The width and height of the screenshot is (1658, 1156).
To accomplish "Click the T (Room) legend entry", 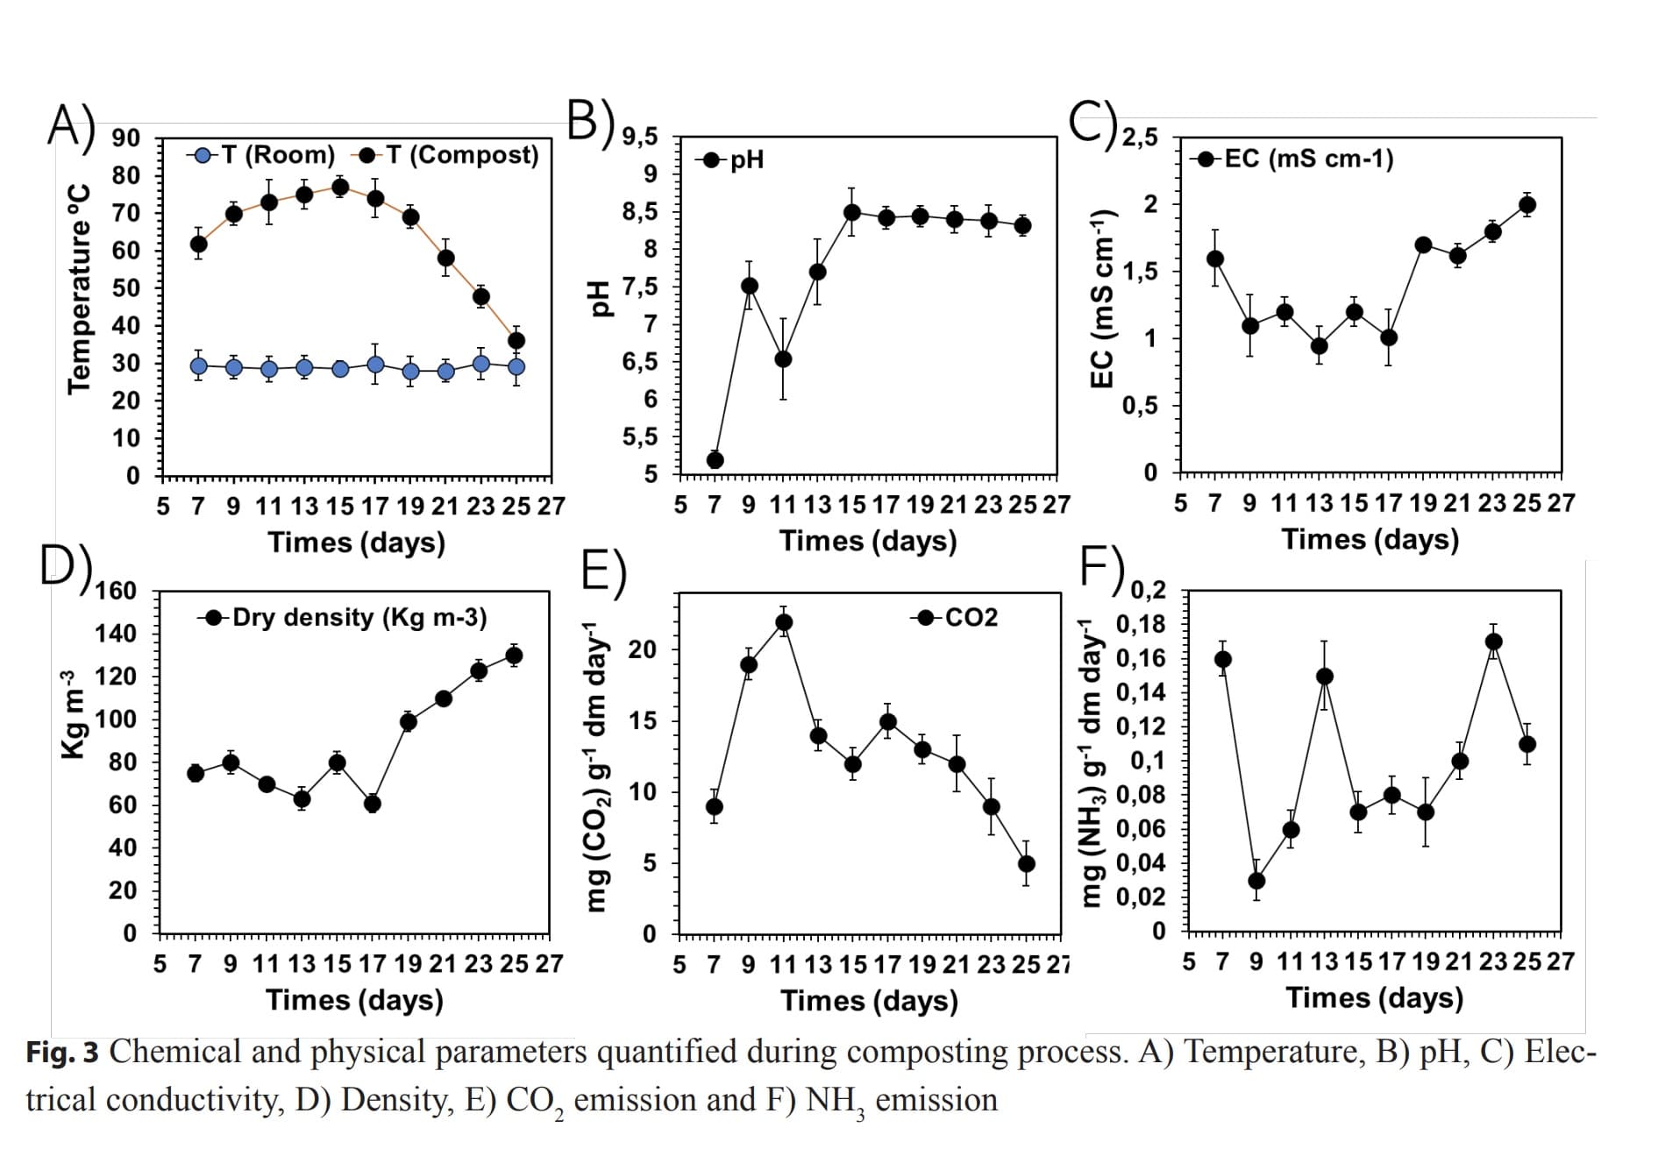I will [261, 155].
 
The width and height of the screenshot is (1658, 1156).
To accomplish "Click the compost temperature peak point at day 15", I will [340, 188].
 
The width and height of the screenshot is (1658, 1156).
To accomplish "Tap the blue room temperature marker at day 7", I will [199, 365].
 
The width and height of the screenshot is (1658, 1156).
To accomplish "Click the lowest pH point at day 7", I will [715, 460].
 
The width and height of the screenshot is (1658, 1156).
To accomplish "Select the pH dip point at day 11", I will [783, 359].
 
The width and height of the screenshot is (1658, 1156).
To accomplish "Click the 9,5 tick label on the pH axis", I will [640, 138].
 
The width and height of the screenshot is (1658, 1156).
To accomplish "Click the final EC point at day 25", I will [1526, 205].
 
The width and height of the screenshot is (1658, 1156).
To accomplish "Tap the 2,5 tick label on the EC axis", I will [1140, 138].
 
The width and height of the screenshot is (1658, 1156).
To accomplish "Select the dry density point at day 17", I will [373, 803].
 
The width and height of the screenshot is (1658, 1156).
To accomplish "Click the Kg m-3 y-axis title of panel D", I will [74, 714].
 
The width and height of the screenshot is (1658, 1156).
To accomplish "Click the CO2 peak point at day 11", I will [784, 623].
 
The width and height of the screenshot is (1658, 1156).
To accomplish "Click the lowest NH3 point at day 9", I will [1256, 881].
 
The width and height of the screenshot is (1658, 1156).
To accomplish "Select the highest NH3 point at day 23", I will [1493, 642].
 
